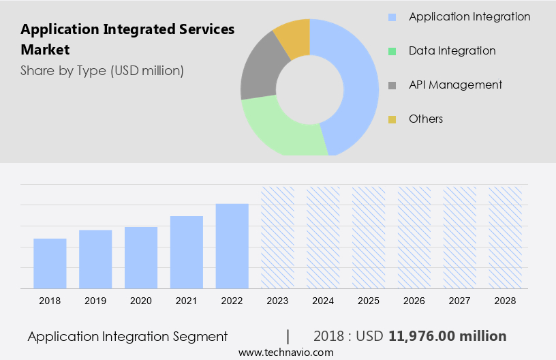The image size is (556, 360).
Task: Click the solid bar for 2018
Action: [50, 263]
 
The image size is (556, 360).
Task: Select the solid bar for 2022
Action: [232, 245]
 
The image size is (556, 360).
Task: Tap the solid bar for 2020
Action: [141, 257]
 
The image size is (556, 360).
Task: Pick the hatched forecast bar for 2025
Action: [369, 237]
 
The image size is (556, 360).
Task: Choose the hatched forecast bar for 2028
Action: [506, 237]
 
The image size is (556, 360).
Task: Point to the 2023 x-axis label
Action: [278, 301]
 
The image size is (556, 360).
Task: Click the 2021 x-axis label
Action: [187, 301]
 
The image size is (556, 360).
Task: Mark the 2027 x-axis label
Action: [460, 301]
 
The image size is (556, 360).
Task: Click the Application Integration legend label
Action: [469, 16]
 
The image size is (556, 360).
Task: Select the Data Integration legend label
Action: [452, 50]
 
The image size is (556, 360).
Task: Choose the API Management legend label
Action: [455, 85]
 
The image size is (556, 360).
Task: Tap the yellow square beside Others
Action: [392, 119]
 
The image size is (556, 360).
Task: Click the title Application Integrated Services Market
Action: [127, 40]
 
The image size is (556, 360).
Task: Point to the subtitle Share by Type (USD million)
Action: [102, 70]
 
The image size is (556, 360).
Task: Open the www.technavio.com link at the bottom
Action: [285, 352]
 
